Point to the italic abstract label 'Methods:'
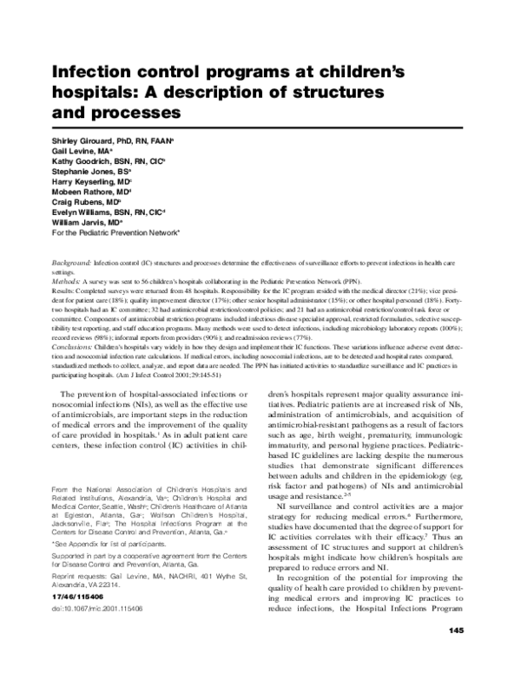[x=66, y=283]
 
